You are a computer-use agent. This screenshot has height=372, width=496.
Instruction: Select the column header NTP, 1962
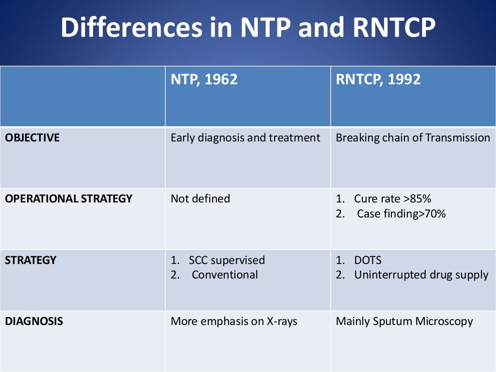coord(204,79)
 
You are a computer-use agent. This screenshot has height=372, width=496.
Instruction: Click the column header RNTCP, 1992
coord(378,79)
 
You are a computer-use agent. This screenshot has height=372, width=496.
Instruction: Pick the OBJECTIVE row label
coord(32,138)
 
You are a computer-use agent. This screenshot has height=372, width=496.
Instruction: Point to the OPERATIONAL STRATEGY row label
coord(68,199)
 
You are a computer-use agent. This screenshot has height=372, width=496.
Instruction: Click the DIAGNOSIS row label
coord(34,321)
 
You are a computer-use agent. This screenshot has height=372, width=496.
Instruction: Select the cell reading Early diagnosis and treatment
coord(245,138)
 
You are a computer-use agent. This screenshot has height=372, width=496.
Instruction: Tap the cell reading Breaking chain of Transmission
coord(413,138)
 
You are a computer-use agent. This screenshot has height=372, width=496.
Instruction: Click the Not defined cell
coord(200,199)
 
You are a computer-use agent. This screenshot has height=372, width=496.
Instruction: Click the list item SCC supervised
coord(227,260)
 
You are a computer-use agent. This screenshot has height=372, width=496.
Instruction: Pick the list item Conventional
coord(225,275)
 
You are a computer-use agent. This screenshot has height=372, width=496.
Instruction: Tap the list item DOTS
coord(368,260)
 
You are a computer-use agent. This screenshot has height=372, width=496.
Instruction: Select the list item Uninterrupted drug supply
coord(421,275)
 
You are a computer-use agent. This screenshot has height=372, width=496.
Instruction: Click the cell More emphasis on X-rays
coord(234,321)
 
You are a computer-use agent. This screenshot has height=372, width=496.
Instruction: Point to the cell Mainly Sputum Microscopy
coord(404,321)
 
